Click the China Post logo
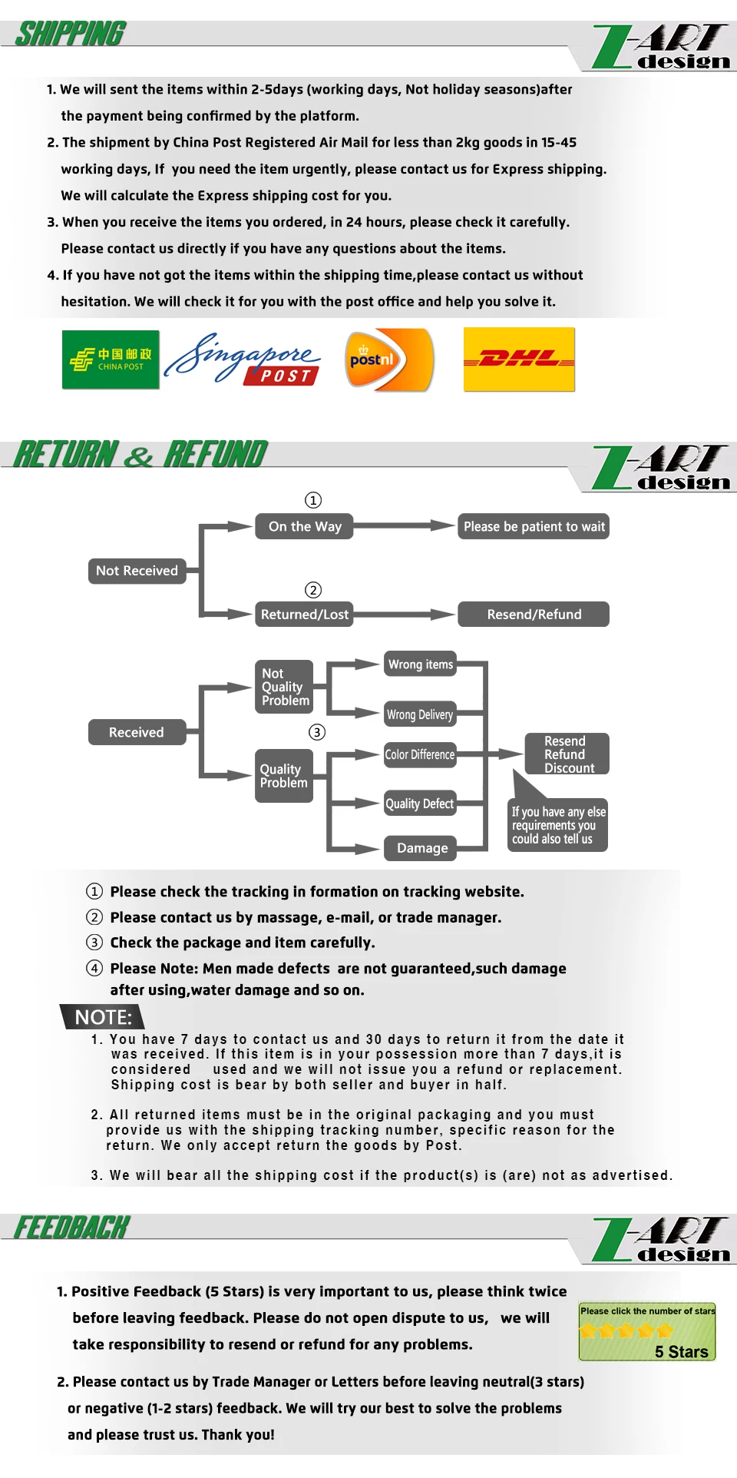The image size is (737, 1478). tap(111, 360)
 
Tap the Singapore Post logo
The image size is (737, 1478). tap(243, 360)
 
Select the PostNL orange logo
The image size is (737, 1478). tap(389, 360)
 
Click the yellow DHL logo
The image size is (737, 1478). tap(519, 359)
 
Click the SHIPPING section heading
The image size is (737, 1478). tap(71, 34)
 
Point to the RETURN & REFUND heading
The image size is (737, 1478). tap(140, 454)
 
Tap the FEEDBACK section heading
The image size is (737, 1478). tap(72, 1227)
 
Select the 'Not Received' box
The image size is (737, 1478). tap(137, 571)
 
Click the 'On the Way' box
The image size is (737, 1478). tap(304, 526)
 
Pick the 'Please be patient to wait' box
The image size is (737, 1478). tap(534, 526)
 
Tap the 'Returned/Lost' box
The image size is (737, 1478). tap(304, 614)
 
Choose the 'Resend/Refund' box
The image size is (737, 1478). tap(534, 614)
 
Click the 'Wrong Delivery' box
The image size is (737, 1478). tap(420, 714)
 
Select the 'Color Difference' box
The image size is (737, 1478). tap(420, 754)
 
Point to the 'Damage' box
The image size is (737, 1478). tap(421, 848)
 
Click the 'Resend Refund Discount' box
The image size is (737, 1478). tap(567, 754)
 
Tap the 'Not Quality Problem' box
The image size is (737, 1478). tap(284, 687)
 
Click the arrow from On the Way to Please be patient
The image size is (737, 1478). tap(405, 526)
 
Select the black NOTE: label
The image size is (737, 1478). tap(103, 1017)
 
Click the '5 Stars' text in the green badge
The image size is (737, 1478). tap(681, 1352)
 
